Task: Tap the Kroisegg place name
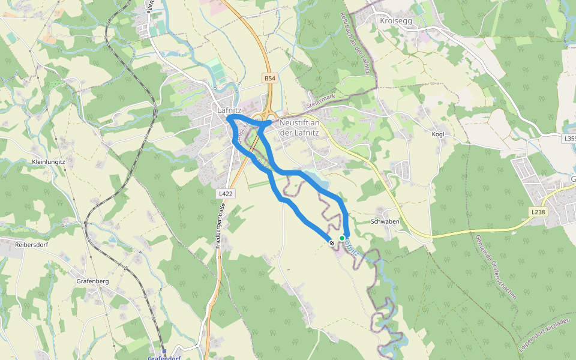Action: point(396,20)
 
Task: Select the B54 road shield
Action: point(270,79)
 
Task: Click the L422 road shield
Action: point(226,194)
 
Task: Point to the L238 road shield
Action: point(538,212)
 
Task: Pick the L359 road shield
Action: point(569,138)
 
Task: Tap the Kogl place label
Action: point(438,134)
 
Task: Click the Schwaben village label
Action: point(385,221)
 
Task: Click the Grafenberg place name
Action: point(92,281)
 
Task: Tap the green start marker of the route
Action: point(342,238)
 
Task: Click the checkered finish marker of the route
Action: point(331,242)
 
